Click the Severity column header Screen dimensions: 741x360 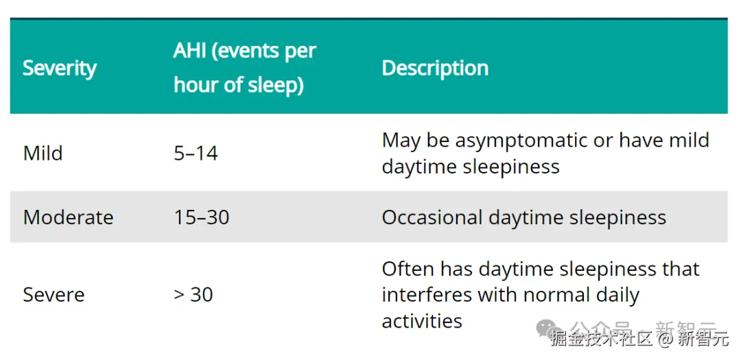[x=60, y=69]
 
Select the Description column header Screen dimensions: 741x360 [x=435, y=69]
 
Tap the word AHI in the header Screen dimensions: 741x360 [x=190, y=51]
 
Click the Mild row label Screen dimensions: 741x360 [x=43, y=153]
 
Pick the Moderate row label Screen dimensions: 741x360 [x=68, y=217]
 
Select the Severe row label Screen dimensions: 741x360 [x=54, y=295]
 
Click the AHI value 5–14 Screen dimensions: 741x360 [x=196, y=153]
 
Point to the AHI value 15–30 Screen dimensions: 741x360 [x=201, y=217]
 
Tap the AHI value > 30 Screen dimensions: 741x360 [x=193, y=295]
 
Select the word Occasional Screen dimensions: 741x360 [x=432, y=217]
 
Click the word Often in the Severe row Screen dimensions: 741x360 [x=408, y=269]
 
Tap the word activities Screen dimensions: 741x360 [x=421, y=322]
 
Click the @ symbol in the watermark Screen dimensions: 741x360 [x=666, y=338]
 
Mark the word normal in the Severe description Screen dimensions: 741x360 [x=556, y=296]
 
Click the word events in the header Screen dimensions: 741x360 [x=245, y=51]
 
